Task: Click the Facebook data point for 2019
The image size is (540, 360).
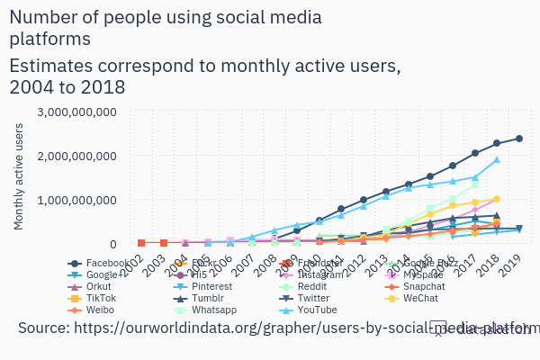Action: [519, 139]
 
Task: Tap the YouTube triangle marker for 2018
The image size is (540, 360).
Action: [497, 160]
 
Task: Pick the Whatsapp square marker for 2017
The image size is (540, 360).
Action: [475, 184]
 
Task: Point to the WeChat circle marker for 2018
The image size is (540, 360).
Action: [497, 199]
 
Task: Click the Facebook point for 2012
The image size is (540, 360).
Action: [364, 200]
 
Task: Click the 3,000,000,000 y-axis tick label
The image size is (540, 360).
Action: [76, 112]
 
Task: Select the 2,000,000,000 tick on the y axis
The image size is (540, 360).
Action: [76, 156]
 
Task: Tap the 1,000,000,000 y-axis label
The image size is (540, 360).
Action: [76, 200]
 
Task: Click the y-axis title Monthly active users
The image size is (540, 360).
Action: [19, 176]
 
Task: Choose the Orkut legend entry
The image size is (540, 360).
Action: [94, 286]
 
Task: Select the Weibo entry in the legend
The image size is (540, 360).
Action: [94, 310]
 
